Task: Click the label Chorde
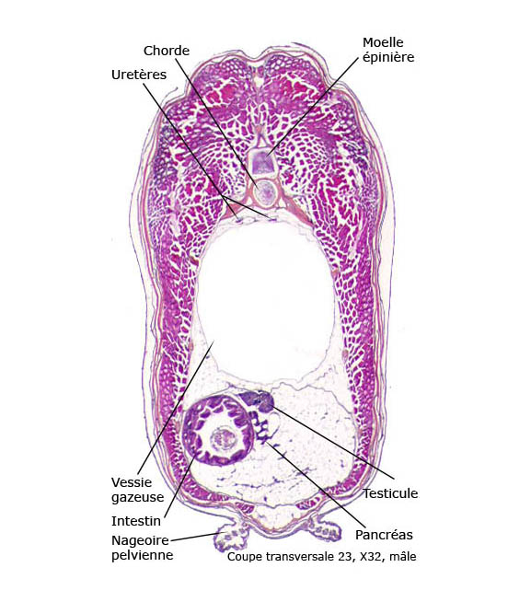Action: click(x=167, y=51)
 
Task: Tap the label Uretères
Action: click(x=139, y=75)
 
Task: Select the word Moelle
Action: click(x=383, y=42)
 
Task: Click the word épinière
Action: click(x=388, y=58)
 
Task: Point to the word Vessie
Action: click(x=132, y=482)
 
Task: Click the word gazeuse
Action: click(x=137, y=498)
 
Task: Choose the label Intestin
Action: click(x=136, y=521)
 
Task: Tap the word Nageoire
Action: click(x=140, y=541)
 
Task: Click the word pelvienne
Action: click(x=142, y=556)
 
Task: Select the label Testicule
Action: click(x=390, y=493)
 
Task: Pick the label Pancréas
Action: click(x=384, y=535)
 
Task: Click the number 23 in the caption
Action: click(x=344, y=556)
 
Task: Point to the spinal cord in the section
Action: click(x=262, y=162)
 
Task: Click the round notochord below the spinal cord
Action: click(x=265, y=191)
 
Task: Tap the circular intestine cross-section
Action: click(x=218, y=430)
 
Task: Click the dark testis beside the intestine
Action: click(x=259, y=400)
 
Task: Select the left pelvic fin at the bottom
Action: click(x=230, y=539)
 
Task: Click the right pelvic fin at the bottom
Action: click(x=325, y=528)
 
